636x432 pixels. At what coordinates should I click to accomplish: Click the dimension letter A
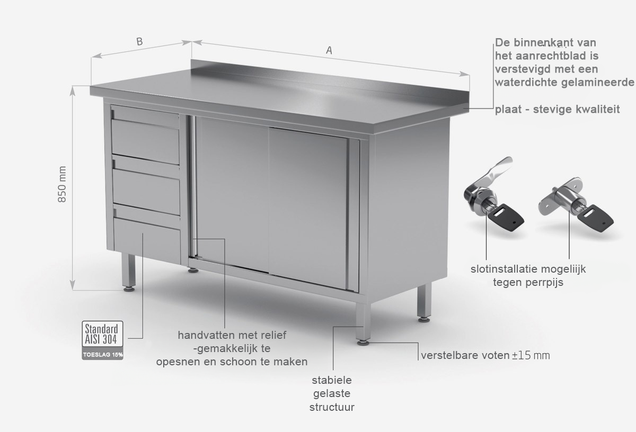(329, 50)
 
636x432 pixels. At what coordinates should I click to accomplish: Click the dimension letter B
(139, 41)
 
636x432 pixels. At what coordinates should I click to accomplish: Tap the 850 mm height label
(62, 184)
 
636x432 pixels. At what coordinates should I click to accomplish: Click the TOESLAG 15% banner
(102, 354)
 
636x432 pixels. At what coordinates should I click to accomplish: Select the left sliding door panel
(232, 194)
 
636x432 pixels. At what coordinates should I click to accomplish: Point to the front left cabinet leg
(129, 272)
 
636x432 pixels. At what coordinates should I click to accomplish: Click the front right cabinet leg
(363, 324)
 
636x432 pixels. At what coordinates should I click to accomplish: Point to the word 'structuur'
(332, 407)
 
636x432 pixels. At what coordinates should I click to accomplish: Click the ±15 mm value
(531, 355)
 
